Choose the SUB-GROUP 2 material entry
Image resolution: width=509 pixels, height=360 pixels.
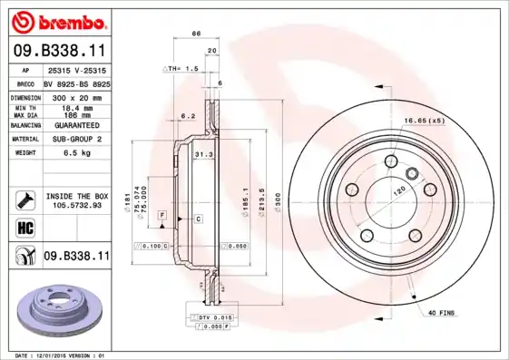(73, 140)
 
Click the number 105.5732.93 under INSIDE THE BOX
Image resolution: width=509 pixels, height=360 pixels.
(76, 206)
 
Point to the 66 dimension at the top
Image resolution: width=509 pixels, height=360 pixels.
(195, 34)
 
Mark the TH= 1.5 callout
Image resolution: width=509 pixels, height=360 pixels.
(182, 68)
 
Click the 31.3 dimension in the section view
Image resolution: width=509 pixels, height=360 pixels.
(202, 155)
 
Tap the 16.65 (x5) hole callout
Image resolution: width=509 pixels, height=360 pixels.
(424, 120)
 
